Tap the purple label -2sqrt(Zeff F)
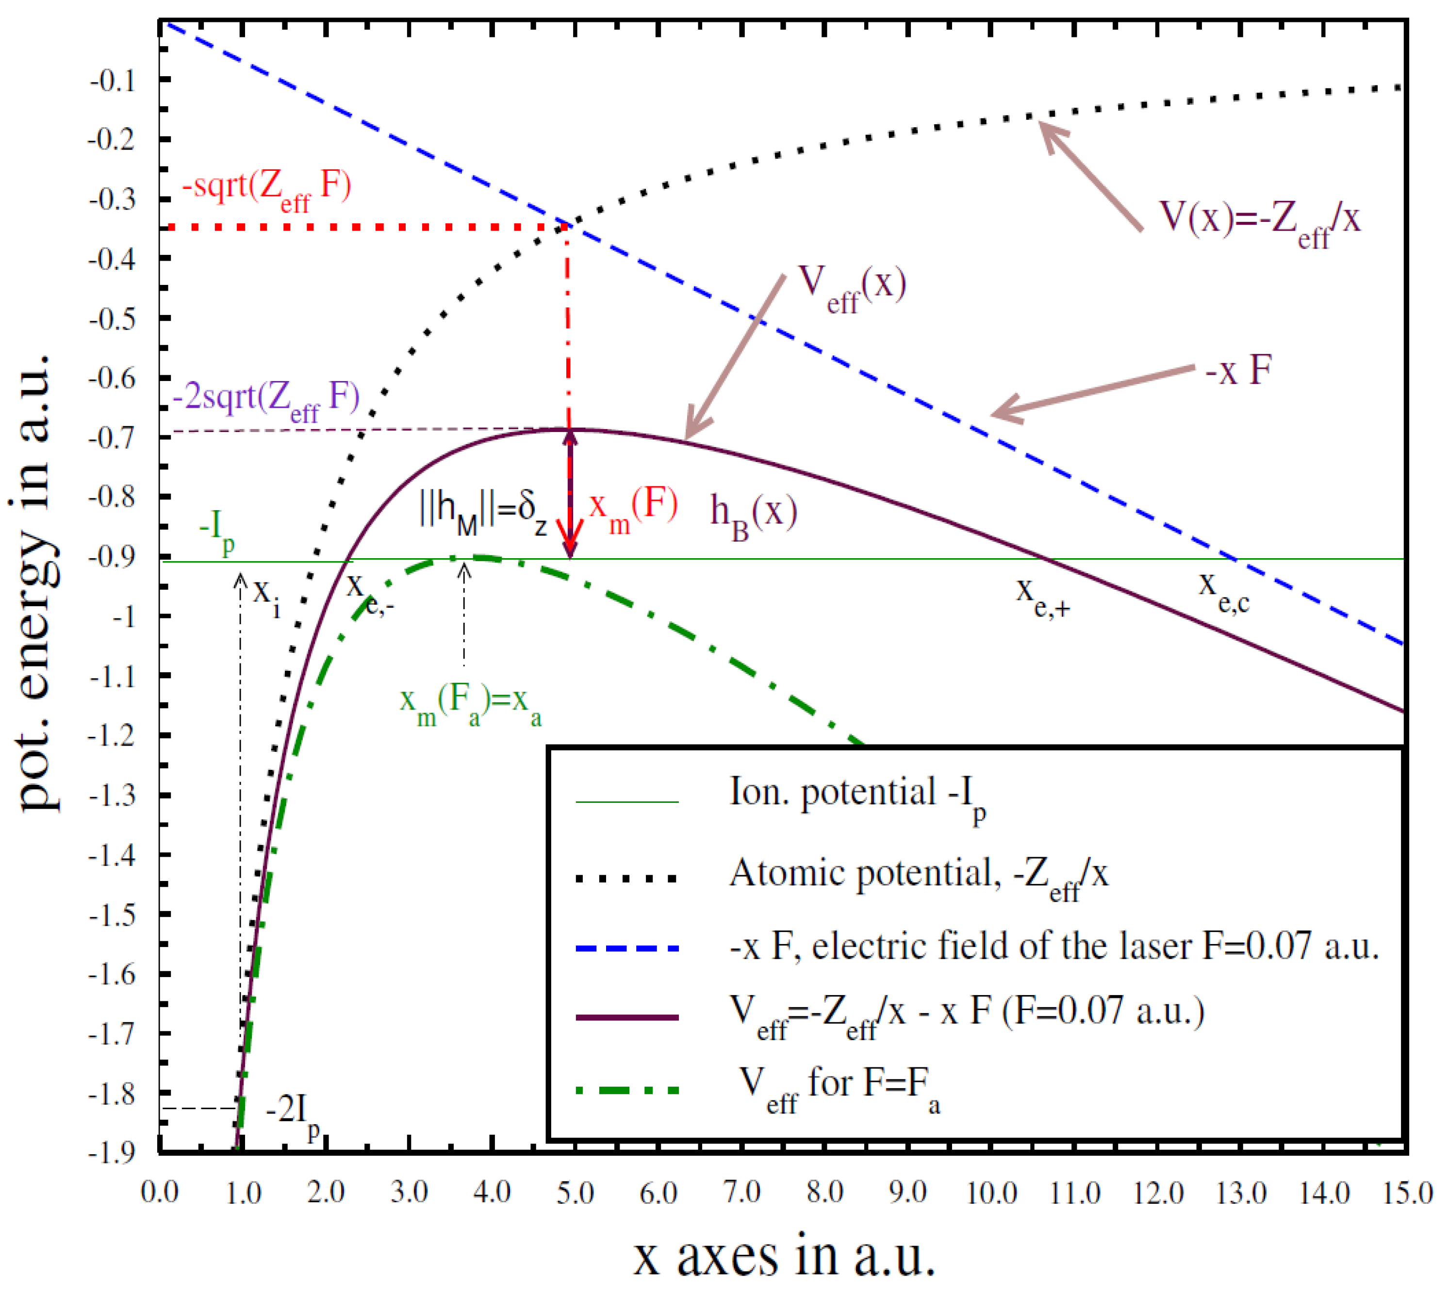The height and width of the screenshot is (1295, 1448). [x=267, y=400]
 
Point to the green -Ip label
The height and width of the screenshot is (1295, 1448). [x=216, y=531]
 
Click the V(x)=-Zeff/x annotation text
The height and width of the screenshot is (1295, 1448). [x=1259, y=220]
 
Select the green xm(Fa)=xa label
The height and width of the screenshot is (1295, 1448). [x=471, y=704]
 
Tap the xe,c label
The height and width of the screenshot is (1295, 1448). [x=1223, y=591]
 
